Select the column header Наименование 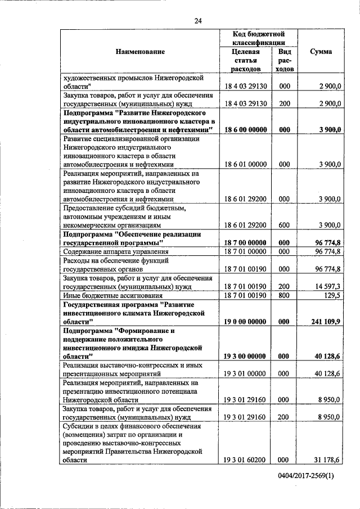pyautogui.click(x=140, y=52)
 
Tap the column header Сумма pyautogui.click(x=321, y=52)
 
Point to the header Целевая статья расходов pyautogui.click(x=245, y=60)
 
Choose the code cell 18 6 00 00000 pyautogui.click(x=245, y=130)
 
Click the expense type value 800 pyautogui.click(x=285, y=295)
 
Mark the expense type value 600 pyautogui.click(x=285, y=225)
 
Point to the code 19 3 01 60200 pyautogui.click(x=245, y=460)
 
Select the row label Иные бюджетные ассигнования pyautogui.click(x=112, y=295)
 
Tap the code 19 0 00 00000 pyautogui.click(x=245, y=322)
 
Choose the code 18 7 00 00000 pyautogui.click(x=245, y=242)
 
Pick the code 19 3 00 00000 pyautogui.click(x=245, y=356)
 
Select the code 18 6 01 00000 pyautogui.click(x=245, y=164)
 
